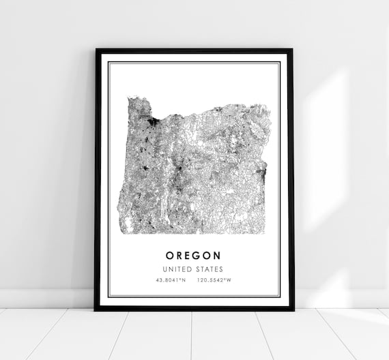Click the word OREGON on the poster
[194, 255]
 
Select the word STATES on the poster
[209, 269]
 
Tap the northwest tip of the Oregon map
[129, 98]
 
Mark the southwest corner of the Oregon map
[119, 232]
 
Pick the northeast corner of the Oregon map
[266, 106]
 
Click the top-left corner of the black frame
[96, 49]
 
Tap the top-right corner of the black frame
[293, 49]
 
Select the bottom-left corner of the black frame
[96, 310]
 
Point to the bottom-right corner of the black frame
[293, 310]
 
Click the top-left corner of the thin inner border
[109, 62]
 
